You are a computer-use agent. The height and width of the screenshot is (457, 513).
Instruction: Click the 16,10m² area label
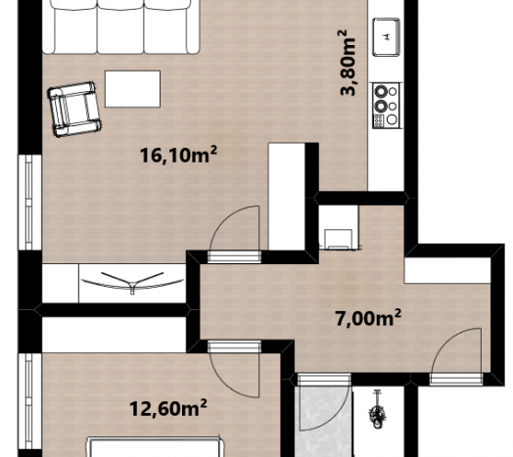click(x=178, y=155)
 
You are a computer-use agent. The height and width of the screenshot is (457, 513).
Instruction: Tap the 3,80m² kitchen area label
click(x=348, y=63)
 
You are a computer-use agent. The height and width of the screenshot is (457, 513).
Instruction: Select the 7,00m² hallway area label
click(x=368, y=318)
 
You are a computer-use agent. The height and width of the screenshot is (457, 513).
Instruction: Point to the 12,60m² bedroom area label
click(x=168, y=408)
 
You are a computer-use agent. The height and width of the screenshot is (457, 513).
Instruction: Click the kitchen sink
click(x=387, y=37)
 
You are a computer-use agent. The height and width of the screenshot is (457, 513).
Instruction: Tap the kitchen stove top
click(x=386, y=105)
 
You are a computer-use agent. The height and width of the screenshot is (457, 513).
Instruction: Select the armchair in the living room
click(x=74, y=110)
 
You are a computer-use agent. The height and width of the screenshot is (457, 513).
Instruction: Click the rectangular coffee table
click(x=132, y=89)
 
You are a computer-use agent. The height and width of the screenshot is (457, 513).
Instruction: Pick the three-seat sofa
click(x=120, y=26)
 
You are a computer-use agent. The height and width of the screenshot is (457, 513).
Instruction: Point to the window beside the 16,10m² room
click(x=29, y=203)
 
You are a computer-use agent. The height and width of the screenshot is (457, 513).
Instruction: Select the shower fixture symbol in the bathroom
click(x=377, y=410)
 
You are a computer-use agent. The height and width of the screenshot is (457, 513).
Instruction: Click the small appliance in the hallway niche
click(x=339, y=240)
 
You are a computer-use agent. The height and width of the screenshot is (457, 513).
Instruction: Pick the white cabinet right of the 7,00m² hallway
click(x=447, y=270)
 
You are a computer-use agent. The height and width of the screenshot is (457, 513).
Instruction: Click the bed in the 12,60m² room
click(x=156, y=447)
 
